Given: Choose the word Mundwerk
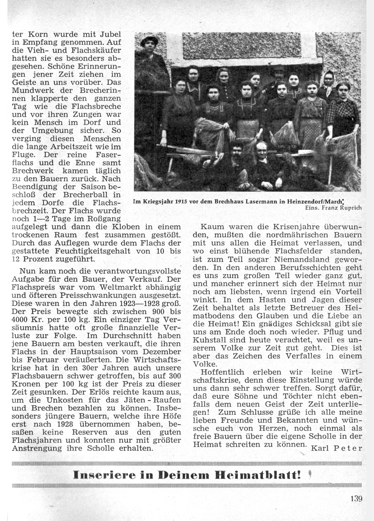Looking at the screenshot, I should point(30,90).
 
